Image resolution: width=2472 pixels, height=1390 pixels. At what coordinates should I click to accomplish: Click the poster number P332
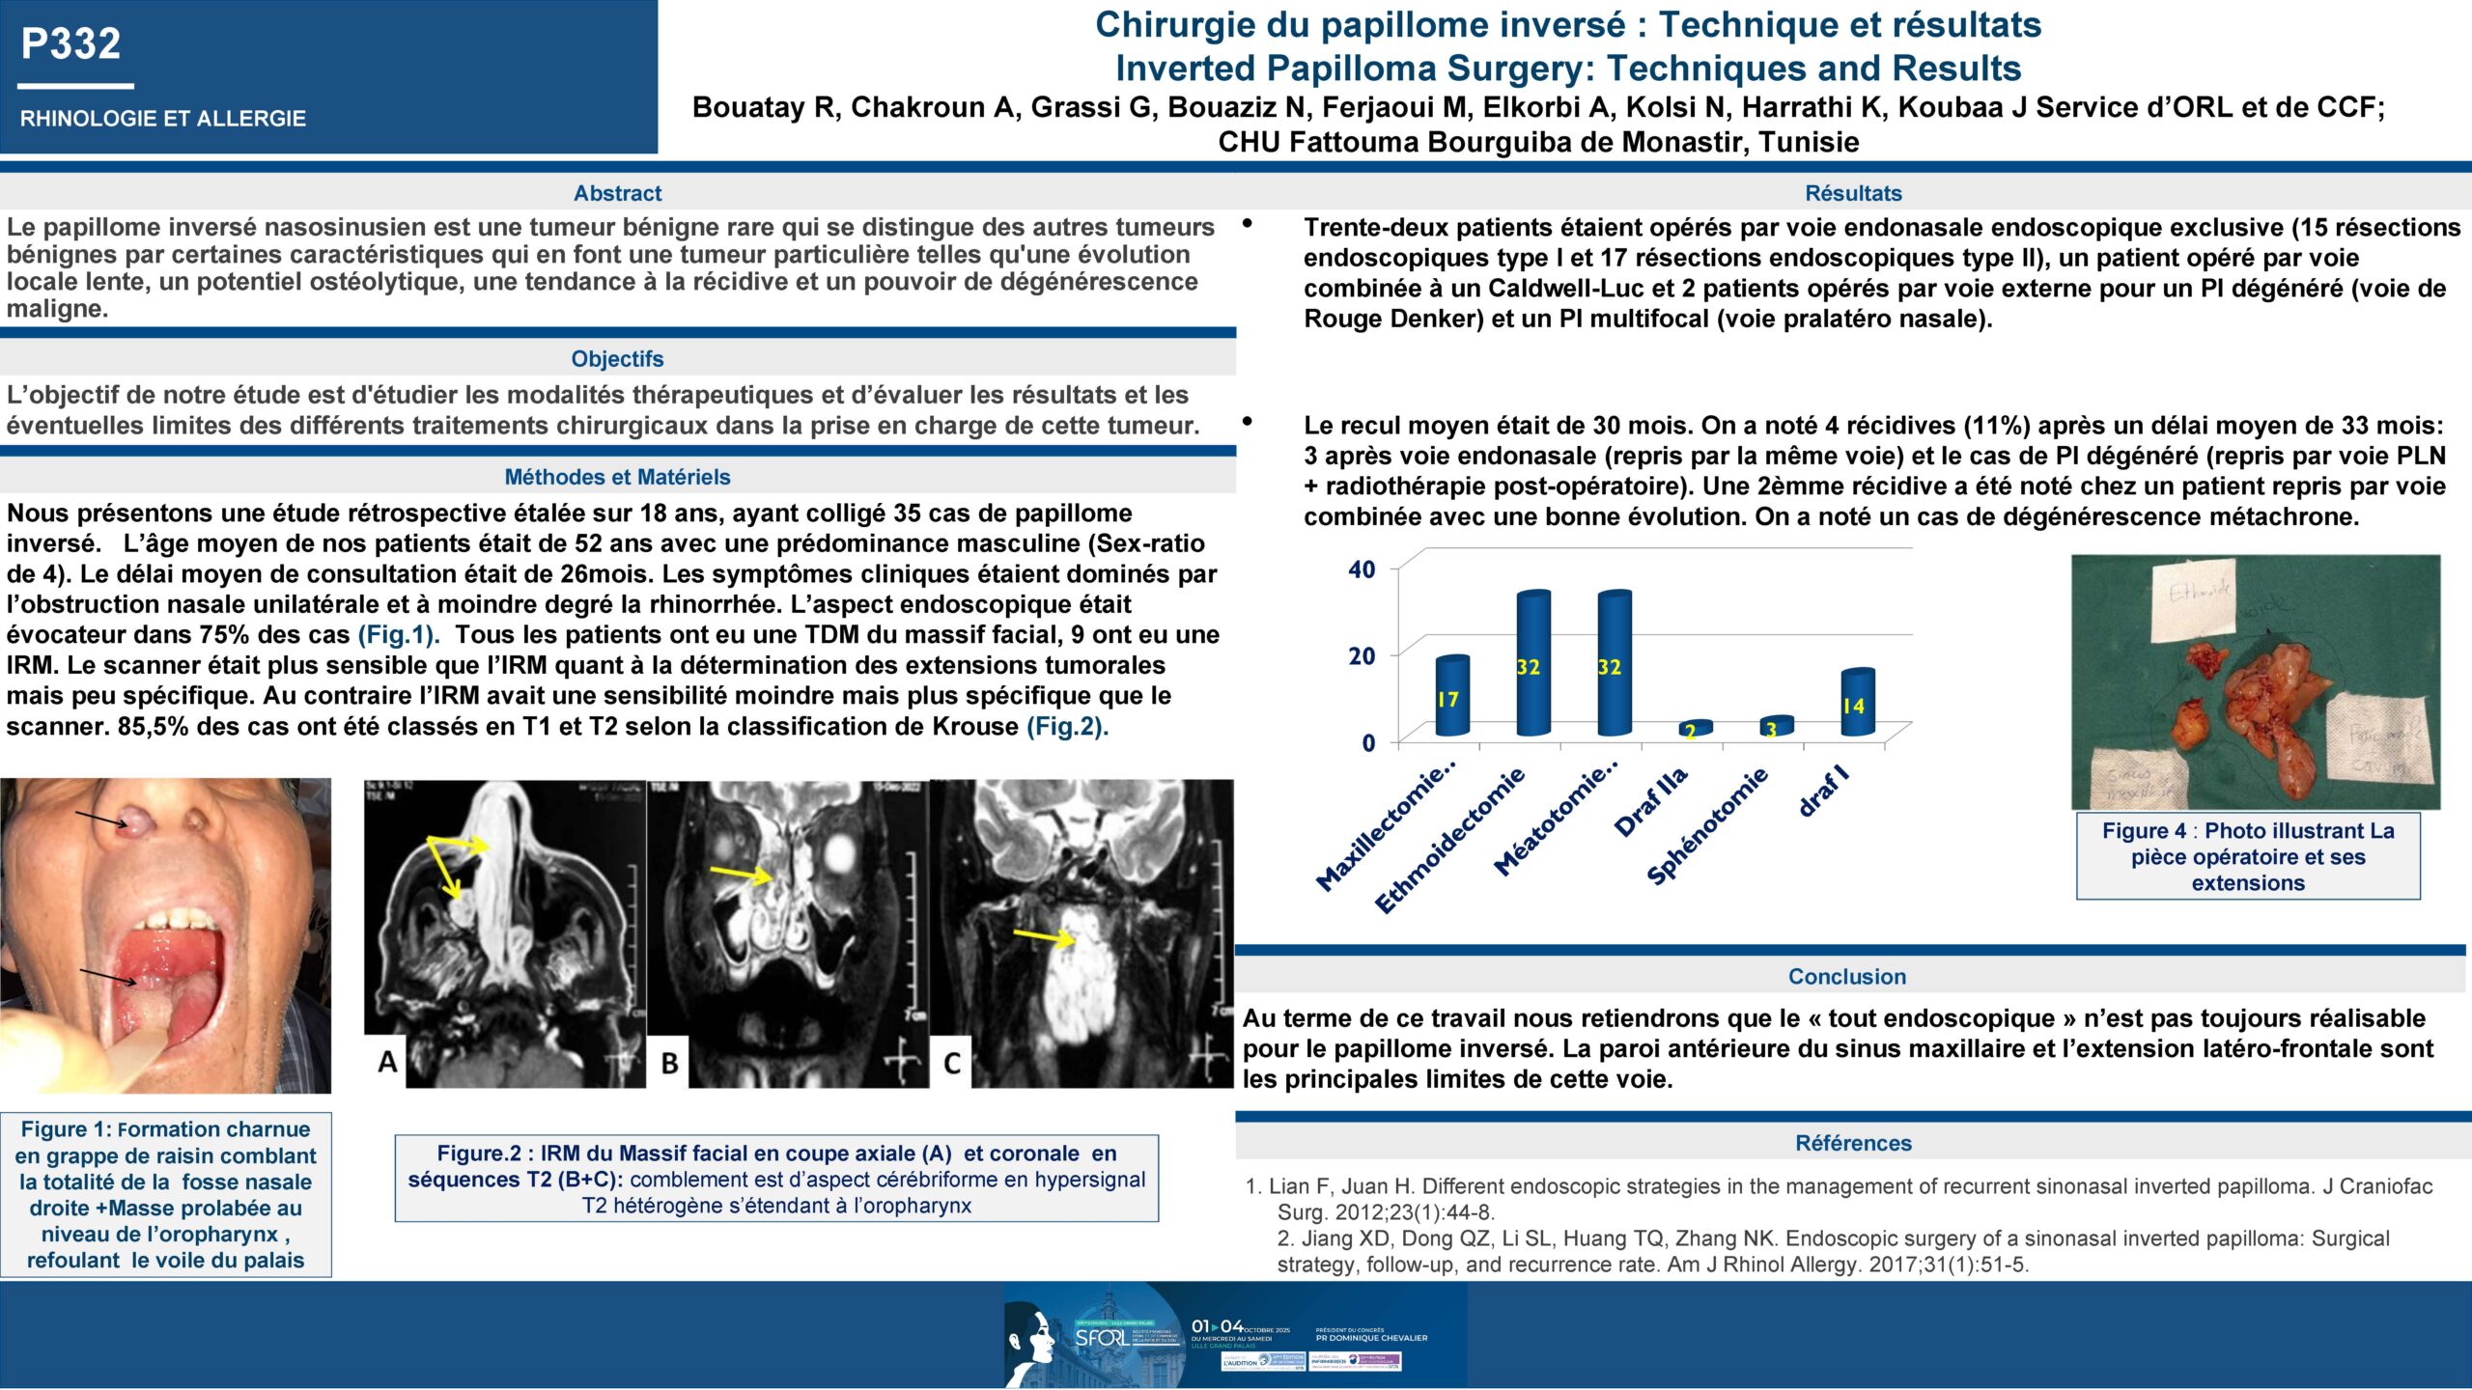[x=70, y=43]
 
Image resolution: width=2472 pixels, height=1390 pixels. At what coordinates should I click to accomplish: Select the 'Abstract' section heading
[x=617, y=193]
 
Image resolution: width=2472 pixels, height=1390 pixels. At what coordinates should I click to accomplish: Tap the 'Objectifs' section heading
[x=617, y=359]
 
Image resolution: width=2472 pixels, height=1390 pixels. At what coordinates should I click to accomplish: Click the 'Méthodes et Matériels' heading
[x=617, y=477]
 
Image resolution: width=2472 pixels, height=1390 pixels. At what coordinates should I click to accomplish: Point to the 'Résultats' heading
[x=1853, y=193]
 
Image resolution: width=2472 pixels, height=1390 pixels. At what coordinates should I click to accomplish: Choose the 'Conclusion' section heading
[x=1846, y=976]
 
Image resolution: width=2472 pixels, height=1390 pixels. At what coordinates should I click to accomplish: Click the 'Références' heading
[x=1853, y=1143]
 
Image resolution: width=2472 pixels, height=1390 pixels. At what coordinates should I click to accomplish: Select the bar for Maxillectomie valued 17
[x=1451, y=696]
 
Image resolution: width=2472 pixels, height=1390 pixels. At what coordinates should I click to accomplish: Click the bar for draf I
[x=1857, y=702]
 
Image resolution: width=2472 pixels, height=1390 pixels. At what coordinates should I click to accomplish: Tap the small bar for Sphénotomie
[x=1776, y=727]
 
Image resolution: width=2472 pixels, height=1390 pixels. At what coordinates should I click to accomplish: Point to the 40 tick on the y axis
[x=1362, y=570]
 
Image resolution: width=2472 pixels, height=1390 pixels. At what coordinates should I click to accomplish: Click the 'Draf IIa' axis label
[x=1651, y=801]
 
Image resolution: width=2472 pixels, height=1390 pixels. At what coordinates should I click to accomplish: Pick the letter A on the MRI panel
[x=387, y=1062]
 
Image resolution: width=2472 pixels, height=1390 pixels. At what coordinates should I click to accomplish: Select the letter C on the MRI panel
[x=952, y=1063]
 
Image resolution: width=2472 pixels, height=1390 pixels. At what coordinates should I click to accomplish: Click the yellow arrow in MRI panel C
[x=1043, y=935]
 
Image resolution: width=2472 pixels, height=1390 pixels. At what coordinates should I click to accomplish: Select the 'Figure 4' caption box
[x=2248, y=856]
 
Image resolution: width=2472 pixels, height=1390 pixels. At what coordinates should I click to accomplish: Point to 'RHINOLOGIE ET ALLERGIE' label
[x=163, y=119]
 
